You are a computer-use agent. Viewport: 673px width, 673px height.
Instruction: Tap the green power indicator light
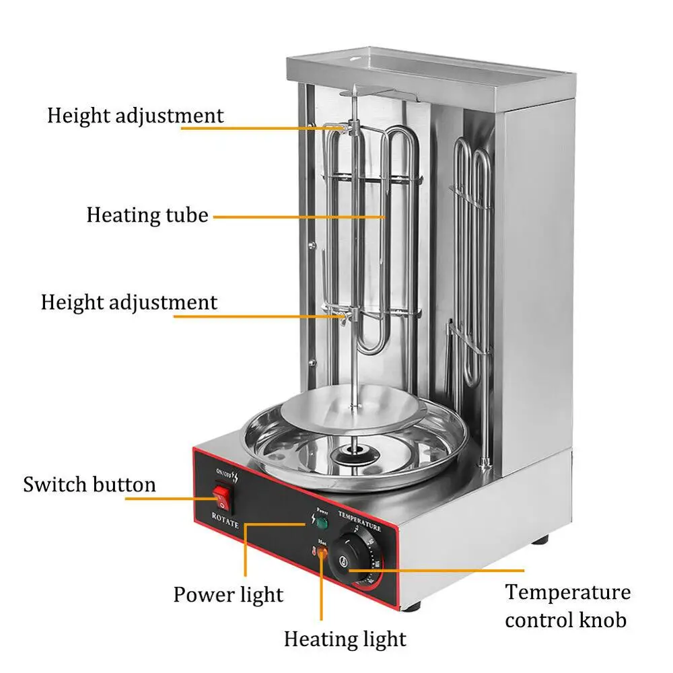point(322,522)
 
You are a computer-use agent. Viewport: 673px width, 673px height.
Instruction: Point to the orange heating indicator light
point(322,553)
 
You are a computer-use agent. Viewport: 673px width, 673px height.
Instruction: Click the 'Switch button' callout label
point(90,485)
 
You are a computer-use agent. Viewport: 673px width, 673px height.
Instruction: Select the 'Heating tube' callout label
point(147,216)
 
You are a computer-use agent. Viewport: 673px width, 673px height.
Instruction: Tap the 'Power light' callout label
point(228,594)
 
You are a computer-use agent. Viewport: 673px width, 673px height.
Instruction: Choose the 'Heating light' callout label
point(345,639)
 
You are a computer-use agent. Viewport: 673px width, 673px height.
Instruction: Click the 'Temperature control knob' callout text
point(568,606)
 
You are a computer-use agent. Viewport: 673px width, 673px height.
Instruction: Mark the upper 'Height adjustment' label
point(135,115)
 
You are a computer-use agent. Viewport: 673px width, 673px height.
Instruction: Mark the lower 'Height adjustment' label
point(129,302)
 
